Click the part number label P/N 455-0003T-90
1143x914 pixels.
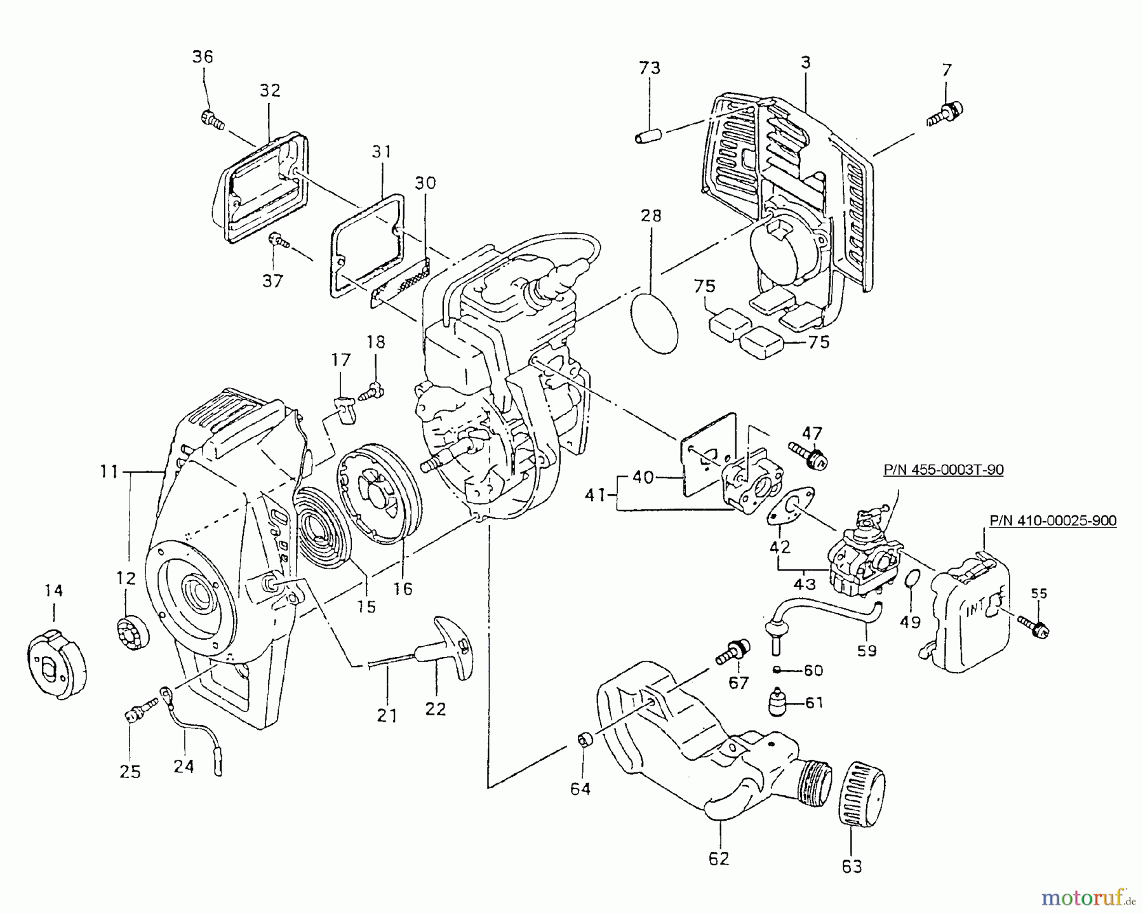click(944, 470)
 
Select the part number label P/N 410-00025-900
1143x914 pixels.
click(1053, 521)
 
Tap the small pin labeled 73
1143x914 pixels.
click(649, 135)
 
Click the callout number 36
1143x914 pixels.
click(203, 57)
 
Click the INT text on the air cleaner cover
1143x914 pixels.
click(976, 610)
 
